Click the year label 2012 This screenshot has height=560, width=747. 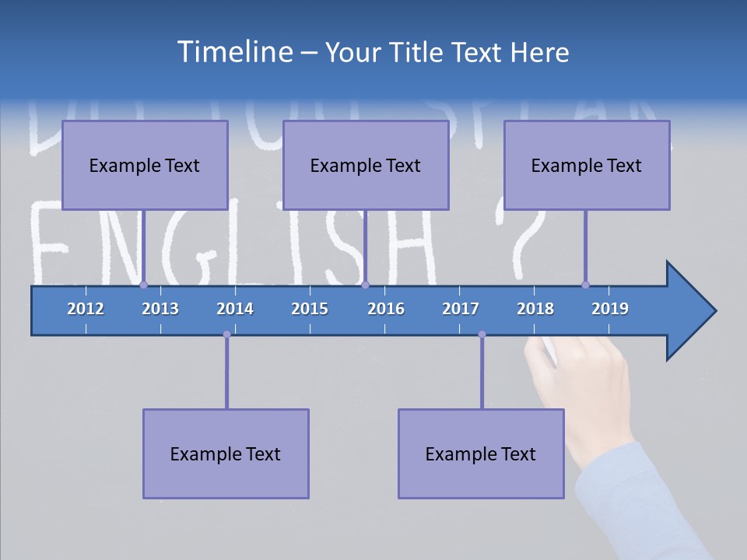coord(86,309)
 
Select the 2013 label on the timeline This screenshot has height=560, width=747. coord(160,309)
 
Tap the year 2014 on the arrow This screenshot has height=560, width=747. coord(235,309)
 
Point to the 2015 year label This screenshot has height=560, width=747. coord(310,309)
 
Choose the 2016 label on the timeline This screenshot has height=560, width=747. coord(386,309)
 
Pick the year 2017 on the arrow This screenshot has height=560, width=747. coord(461,309)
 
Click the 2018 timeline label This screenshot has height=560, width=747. coord(535,309)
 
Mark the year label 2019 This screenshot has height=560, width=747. coord(610,309)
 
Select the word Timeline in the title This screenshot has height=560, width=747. coord(233,52)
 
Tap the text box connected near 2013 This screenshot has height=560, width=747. coord(145,165)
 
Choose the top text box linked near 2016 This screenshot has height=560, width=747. coord(366,165)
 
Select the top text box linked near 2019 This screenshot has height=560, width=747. coord(587,165)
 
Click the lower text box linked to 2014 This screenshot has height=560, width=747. coord(226,453)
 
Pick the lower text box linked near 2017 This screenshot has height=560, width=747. coord(481,453)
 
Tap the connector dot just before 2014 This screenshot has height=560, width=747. coord(226,334)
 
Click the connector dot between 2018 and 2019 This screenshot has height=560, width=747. coord(585,285)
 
